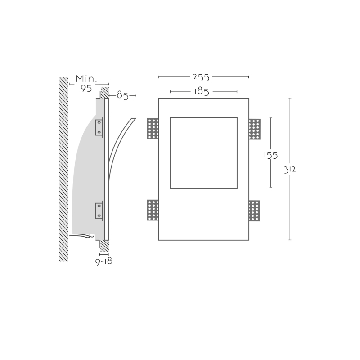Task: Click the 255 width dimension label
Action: click(201, 77)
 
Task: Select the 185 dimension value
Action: click(202, 92)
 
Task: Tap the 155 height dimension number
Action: click(271, 155)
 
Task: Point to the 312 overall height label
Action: click(290, 170)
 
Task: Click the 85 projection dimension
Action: click(122, 95)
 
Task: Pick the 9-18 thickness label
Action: click(104, 261)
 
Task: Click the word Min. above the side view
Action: click(86, 79)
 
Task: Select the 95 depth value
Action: click(86, 88)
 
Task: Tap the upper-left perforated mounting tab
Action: click(153, 129)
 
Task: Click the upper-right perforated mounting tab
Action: click(255, 129)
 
